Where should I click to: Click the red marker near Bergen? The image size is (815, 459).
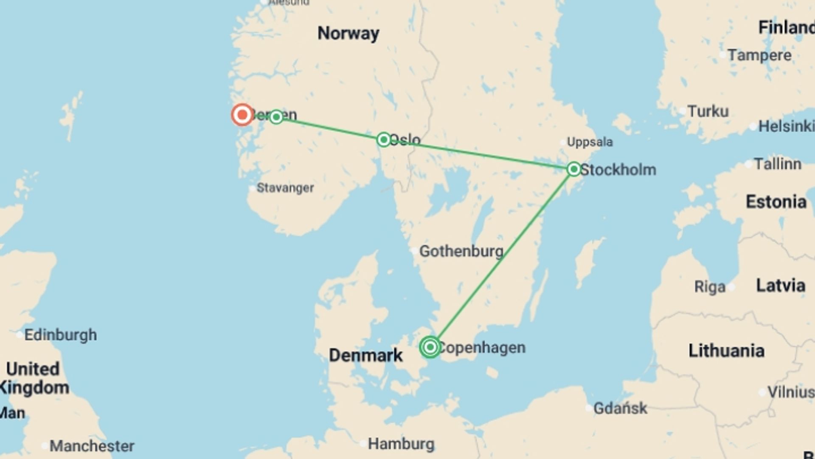pyautogui.click(x=242, y=115)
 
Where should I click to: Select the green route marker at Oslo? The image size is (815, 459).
pyautogui.click(x=384, y=139)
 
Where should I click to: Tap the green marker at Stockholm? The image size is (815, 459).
pyautogui.click(x=574, y=169)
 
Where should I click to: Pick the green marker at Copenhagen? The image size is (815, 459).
pyautogui.click(x=430, y=347)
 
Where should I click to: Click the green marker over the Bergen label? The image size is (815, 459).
pyautogui.click(x=276, y=116)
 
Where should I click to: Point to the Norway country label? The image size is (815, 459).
pyautogui.click(x=348, y=33)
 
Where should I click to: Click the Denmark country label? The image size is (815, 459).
pyautogui.click(x=365, y=355)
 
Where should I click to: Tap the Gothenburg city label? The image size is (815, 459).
pyautogui.click(x=461, y=251)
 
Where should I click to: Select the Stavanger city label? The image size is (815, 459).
pyautogui.click(x=285, y=188)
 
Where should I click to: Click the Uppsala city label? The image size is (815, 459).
pyautogui.click(x=590, y=142)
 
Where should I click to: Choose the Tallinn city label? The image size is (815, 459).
pyautogui.click(x=778, y=164)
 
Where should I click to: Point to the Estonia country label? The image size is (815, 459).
pyautogui.click(x=776, y=202)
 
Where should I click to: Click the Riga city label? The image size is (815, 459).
pyautogui.click(x=710, y=287)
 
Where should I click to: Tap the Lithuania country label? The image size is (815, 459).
pyautogui.click(x=726, y=351)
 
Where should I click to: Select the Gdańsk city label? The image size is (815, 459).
pyautogui.click(x=620, y=408)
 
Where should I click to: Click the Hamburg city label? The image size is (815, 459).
pyautogui.click(x=401, y=444)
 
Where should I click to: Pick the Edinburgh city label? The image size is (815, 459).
pyautogui.click(x=60, y=335)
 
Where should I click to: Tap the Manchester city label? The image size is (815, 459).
pyautogui.click(x=92, y=446)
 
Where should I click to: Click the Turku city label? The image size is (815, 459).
pyautogui.click(x=708, y=111)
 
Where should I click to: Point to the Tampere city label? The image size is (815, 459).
pyautogui.click(x=759, y=55)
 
